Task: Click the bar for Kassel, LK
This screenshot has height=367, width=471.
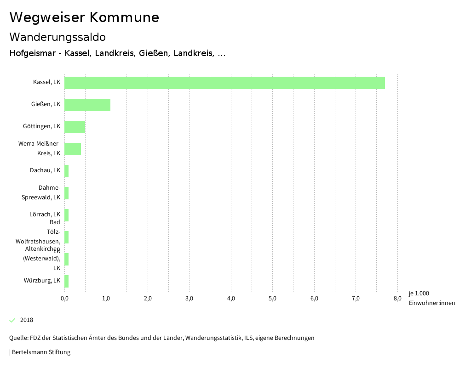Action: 224,83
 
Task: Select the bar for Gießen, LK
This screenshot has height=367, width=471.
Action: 87,105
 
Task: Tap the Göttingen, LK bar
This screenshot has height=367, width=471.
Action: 75,127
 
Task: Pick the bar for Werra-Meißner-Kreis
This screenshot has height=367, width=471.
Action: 73,149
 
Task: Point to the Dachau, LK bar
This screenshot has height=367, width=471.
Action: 67,171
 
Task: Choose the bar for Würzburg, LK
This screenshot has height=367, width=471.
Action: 67,281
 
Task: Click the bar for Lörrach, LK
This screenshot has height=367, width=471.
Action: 67,215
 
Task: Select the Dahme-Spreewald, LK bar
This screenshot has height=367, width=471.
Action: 67,193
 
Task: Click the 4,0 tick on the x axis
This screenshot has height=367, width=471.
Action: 231,299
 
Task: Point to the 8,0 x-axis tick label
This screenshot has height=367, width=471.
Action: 397,299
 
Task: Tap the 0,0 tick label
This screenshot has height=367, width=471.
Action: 65,299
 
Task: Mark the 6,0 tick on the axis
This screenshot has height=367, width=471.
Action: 314,299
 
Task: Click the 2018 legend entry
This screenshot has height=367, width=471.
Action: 27,320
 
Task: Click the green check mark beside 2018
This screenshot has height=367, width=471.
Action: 12,320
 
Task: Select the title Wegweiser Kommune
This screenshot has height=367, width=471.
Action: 84,17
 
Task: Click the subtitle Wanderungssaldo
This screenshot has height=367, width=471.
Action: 57,37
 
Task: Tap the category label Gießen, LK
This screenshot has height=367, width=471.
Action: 46,104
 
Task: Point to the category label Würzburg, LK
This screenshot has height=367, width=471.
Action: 42,281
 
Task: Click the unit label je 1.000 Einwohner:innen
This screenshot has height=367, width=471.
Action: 431,298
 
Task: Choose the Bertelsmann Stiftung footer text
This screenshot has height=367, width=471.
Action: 40,352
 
